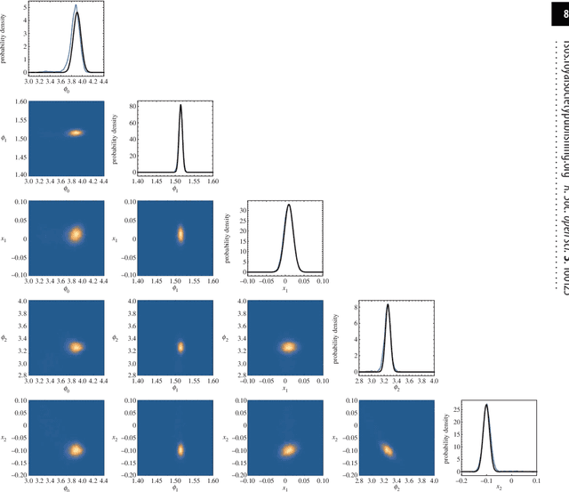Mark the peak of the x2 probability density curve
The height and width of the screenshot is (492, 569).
click(x=486, y=405)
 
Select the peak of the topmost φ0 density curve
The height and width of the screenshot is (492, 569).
click(x=76, y=6)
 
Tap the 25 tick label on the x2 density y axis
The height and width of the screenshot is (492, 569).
click(x=452, y=410)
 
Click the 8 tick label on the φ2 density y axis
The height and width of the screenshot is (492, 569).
click(x=349, y=306)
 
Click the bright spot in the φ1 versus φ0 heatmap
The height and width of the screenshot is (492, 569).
click(x=76, y=133)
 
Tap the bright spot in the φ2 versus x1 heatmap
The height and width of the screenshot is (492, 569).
click(x=288, y=348)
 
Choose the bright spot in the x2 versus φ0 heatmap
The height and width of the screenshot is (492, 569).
click(x=76, y=449)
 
